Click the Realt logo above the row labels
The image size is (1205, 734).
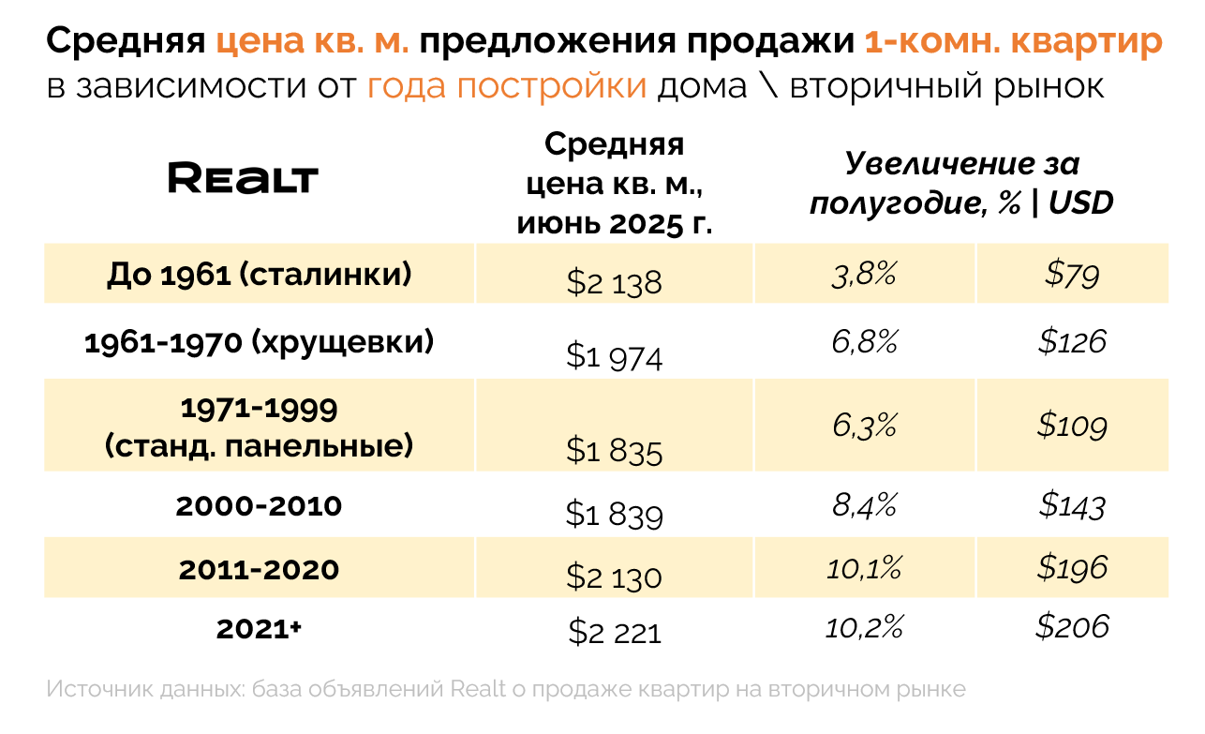243,178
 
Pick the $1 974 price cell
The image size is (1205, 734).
614,357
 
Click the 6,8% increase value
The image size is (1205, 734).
864,342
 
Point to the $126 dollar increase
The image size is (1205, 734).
1072,342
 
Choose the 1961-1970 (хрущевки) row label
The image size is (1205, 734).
260,343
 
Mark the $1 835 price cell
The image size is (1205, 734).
614,452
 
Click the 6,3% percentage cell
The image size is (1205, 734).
864,427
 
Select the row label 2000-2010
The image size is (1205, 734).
260,506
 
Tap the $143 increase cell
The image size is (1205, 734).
1072,506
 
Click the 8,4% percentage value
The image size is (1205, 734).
864,506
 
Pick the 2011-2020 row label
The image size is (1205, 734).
260,569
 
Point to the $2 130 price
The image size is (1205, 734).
614,577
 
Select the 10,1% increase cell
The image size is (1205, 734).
864,567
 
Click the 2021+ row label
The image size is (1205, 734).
260,629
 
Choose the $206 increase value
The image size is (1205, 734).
1072,626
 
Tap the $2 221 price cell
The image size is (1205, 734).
614,633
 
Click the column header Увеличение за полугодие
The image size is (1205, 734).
960,184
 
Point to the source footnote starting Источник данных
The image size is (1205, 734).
506,689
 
